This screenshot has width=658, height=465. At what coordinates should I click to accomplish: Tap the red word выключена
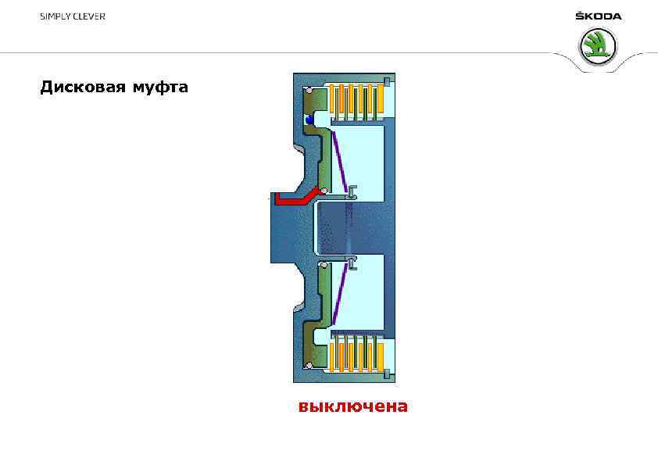[352, 406]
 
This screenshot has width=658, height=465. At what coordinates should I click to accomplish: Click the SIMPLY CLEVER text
[73, 16]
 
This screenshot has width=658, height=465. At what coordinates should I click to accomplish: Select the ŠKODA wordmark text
[598, 16]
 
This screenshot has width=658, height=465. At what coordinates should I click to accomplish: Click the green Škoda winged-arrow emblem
[598, 46]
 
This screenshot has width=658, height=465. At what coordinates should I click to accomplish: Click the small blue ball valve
[310, 120]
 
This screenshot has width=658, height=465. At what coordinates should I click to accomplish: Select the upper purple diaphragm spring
[339, 162]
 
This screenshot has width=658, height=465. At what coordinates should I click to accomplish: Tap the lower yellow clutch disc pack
[358, 352]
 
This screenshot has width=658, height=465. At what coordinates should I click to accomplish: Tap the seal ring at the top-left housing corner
[309, 91]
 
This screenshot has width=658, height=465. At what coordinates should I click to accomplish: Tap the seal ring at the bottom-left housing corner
[309, 366]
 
